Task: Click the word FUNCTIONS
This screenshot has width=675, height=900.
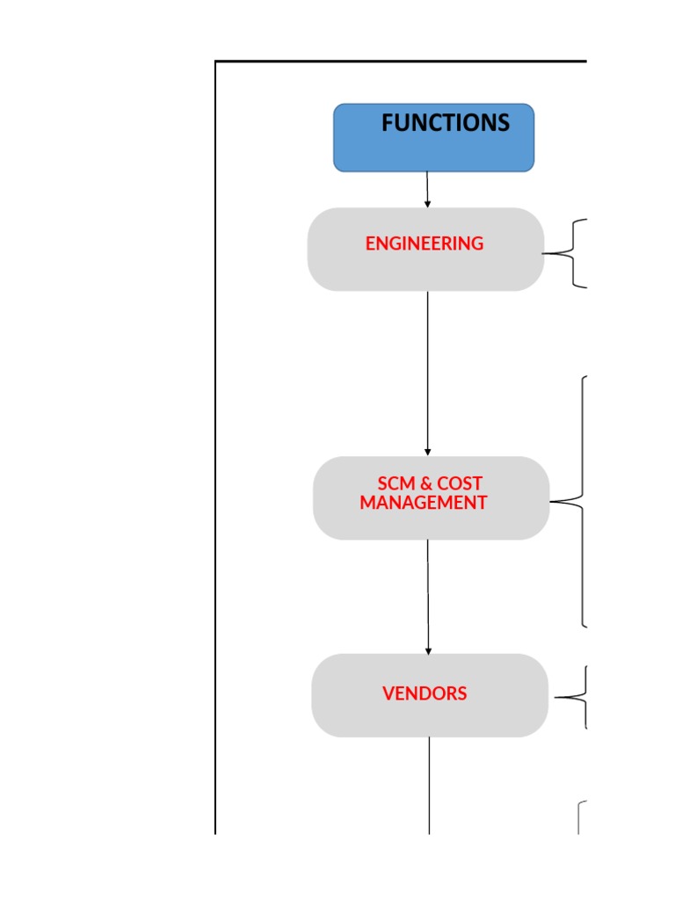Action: tap(445, 123)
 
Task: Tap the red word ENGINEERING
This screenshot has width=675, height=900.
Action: tap(425, 243)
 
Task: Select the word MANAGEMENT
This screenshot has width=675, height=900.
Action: tap(423, 503)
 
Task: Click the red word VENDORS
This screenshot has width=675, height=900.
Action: tap(425, 693)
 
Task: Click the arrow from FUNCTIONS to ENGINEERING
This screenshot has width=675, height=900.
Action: tap(427, 188)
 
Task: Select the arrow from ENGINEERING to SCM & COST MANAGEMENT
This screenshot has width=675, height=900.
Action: tap(428, 369)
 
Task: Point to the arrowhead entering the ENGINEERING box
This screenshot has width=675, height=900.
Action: tap(427, 204)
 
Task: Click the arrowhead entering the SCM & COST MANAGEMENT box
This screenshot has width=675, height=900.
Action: tap(428, 452)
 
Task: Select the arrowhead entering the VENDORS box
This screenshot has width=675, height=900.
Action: tap(428, 650)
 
